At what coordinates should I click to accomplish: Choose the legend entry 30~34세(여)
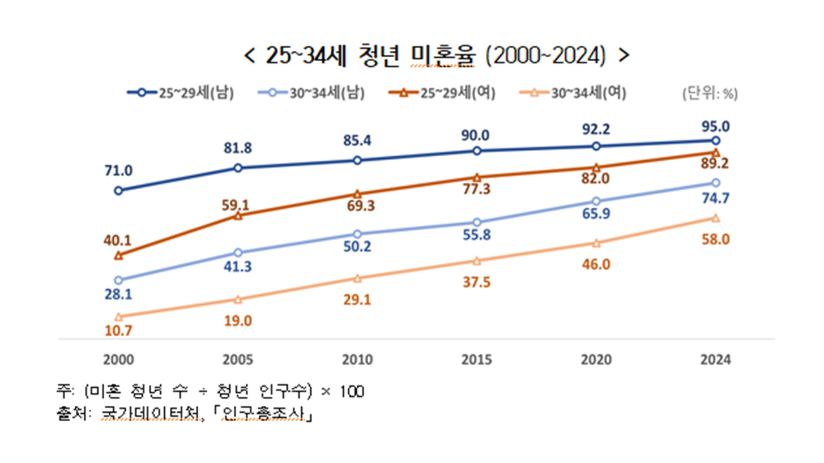click(580, 93)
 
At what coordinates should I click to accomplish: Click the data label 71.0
click(118, 170)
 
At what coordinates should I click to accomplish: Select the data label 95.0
click(716, 125)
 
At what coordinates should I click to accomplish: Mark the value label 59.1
click(238, 206)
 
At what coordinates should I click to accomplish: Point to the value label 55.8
click(477, 235)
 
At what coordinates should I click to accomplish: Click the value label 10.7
click(118, 331)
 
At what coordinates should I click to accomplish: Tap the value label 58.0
click(716, 239)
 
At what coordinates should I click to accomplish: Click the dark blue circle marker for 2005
click(238, 168)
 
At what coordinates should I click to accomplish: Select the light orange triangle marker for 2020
click(596, 243)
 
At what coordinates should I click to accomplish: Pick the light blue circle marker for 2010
click(357, 234)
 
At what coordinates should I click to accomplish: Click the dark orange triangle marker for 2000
click(118, 256)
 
